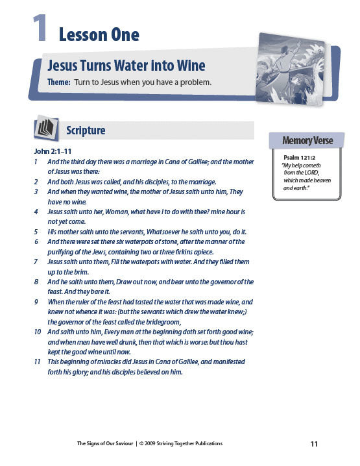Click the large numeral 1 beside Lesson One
click(x=40, y=28)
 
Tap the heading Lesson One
click(x=99, y=34)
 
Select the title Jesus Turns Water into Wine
click(x=126, y=66)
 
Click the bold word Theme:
click(x=59, y=82)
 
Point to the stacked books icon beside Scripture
click(x=46, y=129)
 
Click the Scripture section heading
click(x=86, y=130)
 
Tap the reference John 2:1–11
click(x=53, y=151)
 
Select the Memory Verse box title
click(x=307, y=140)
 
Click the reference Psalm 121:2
click(x=299, y=158)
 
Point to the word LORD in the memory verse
click(x=312, y=173)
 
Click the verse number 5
click(x=36, y=232)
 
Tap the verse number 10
click(x=38, y=332)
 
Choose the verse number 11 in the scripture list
click(x=37, y=362)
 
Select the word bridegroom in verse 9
click(x=163, y=323)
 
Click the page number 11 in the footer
click(x=314, y=444)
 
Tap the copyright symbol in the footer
click(x=141, y=443)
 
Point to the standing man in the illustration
click(x=283, y=66)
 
